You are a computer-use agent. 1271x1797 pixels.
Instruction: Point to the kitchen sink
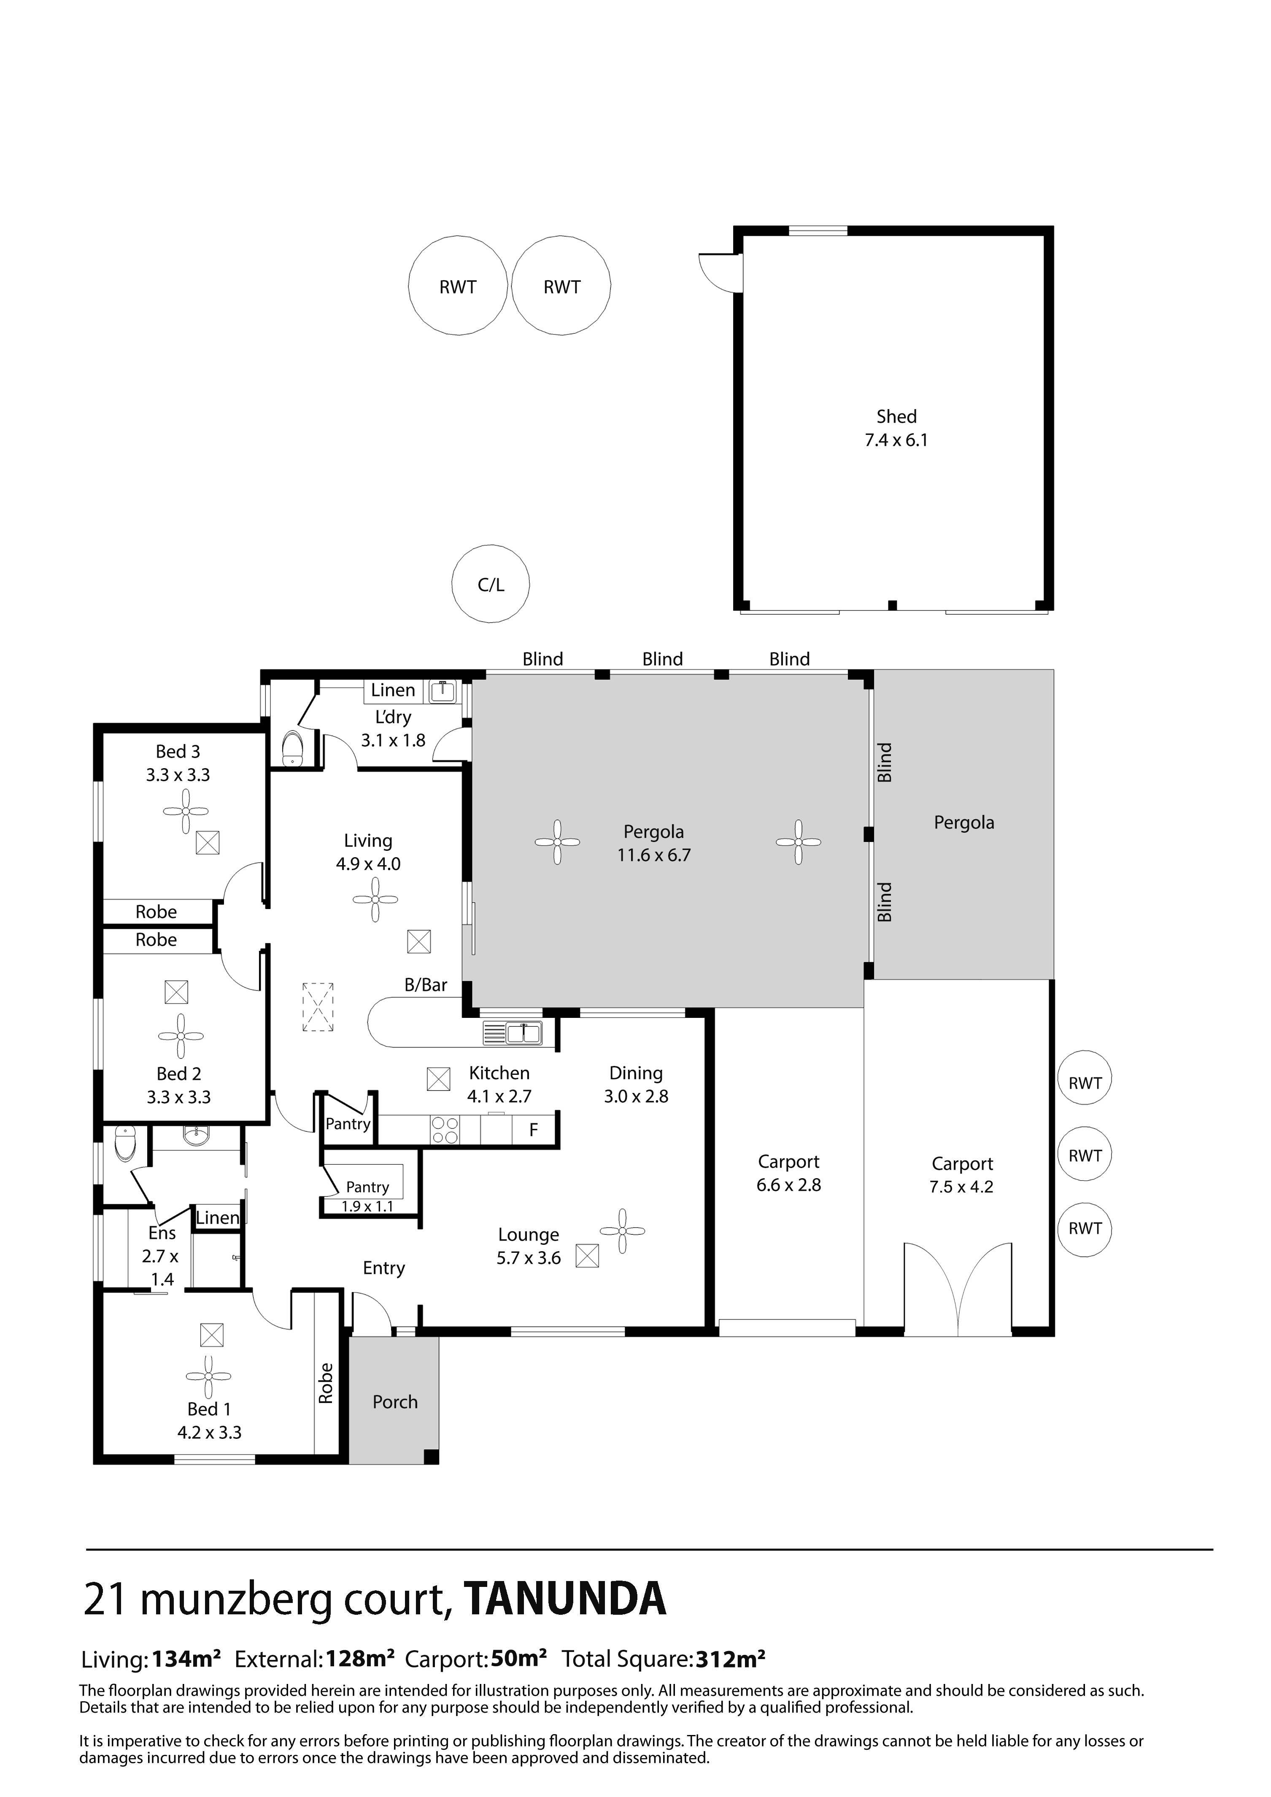pyautogui.click(x=523, y=1034)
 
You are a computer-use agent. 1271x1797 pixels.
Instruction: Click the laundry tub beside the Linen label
pyautogui.click(x=443, y=691)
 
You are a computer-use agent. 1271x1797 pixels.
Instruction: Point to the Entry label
pyautogui.click(x=383, y=1269)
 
